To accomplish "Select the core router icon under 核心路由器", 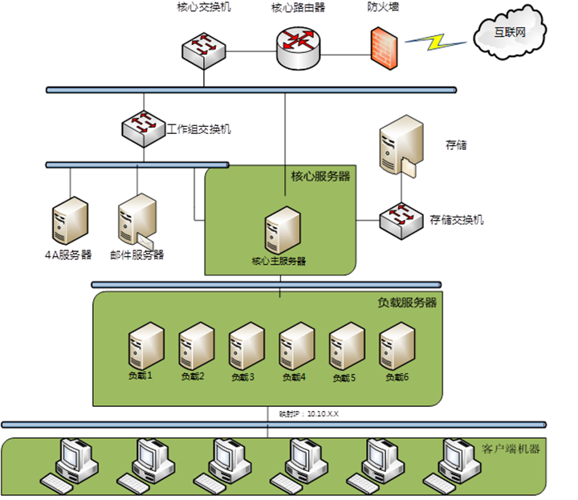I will pyautogui.click(x=296, y=47).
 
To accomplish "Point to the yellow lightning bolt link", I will pyautogui.click(x=438, y=41).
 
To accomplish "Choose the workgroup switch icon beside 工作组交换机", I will pyautogui.click(x=143, y=126).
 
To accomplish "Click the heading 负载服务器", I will pyautogui.click(x=407, y=303).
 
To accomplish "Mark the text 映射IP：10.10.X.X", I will pyautogui.click(x=308, y=414).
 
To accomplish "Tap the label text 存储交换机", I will pyautogui.click(x=457, y=218).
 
